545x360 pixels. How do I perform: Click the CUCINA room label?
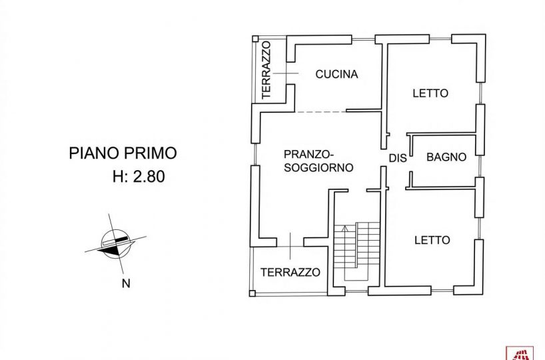336,75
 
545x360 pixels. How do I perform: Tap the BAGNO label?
446,157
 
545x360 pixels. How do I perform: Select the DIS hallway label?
398,157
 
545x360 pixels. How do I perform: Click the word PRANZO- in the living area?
304,152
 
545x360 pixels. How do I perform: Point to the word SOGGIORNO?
318,167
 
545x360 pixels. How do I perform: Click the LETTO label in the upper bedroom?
430,93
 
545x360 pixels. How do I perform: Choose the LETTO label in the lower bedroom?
432,240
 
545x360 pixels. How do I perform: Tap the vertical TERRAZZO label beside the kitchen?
267,70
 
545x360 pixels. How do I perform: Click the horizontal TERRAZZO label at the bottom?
290,272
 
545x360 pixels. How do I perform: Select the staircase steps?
356,250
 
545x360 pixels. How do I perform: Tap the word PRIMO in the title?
151,153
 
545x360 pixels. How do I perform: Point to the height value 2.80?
148,177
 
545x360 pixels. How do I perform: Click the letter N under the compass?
125,284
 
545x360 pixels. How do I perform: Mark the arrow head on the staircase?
344,229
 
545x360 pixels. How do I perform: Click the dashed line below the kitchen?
320,111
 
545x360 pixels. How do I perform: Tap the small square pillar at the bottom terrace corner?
251,293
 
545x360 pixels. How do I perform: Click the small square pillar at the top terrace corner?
253,39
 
